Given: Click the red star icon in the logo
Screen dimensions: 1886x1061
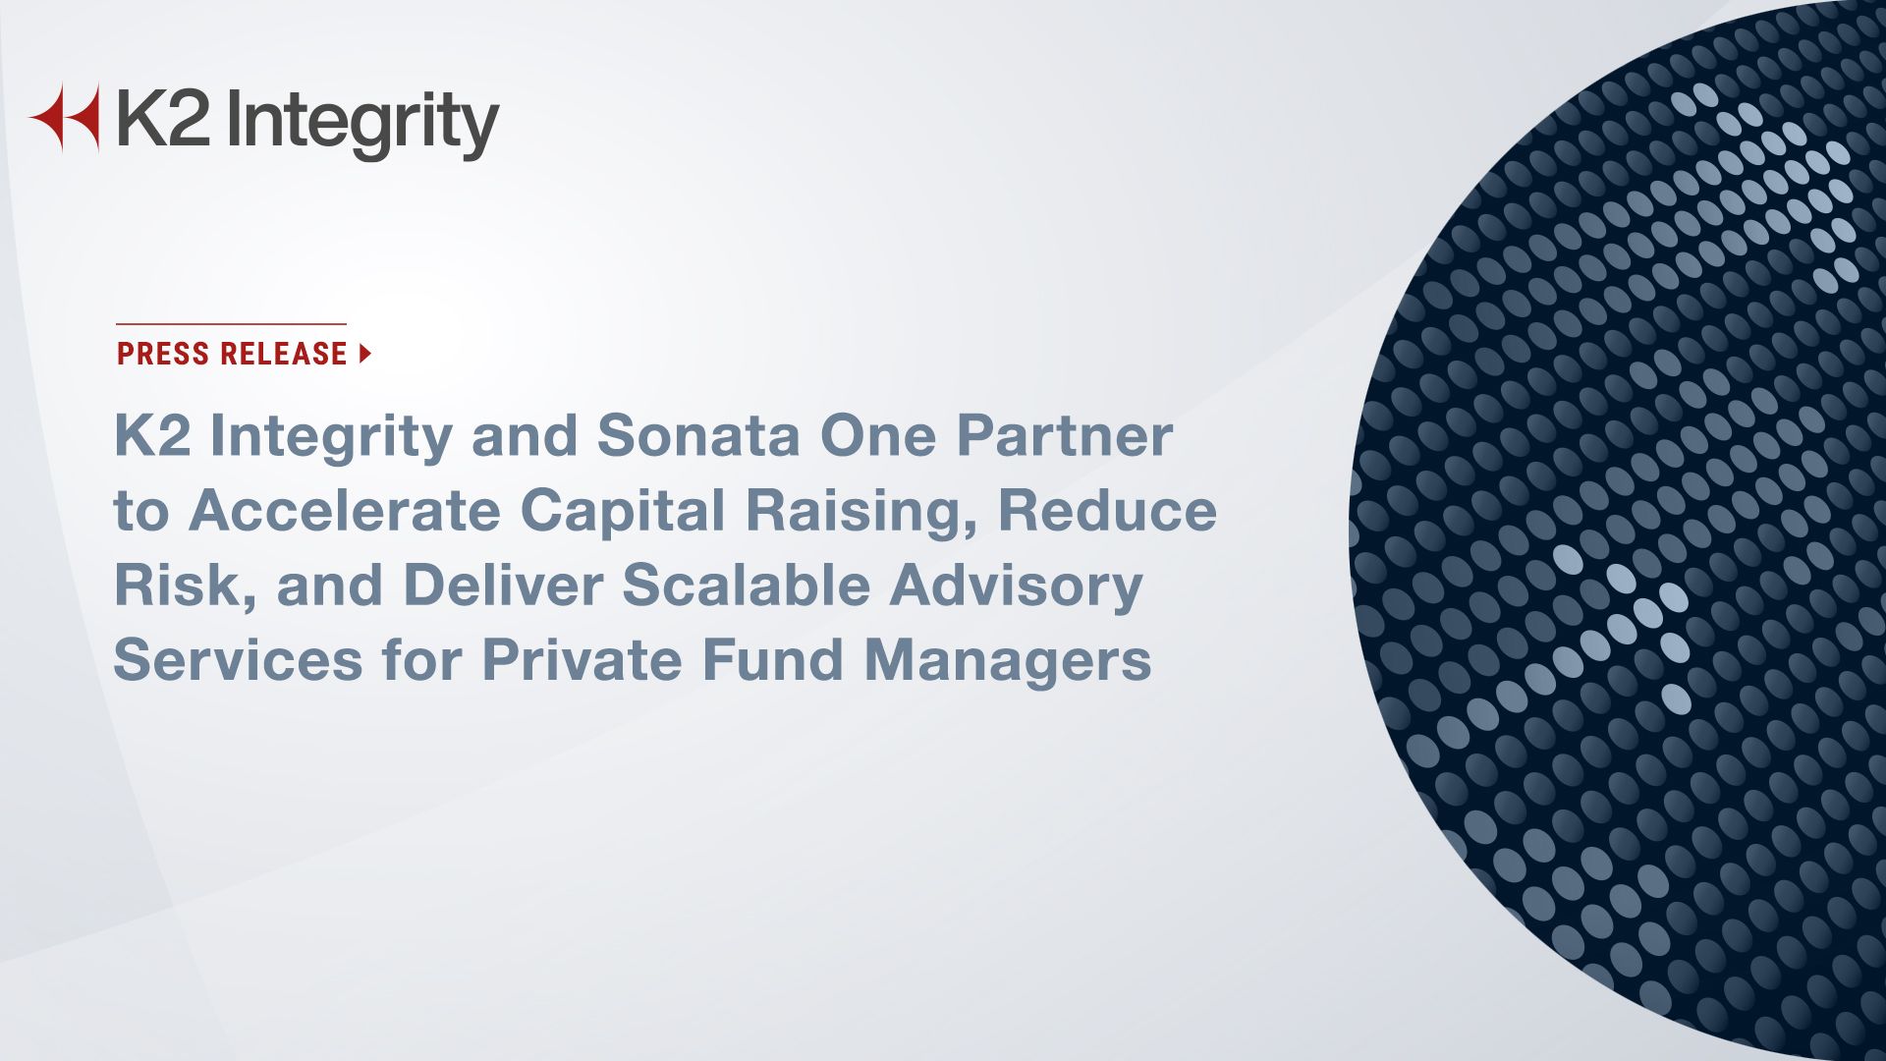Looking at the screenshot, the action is coord(65,118).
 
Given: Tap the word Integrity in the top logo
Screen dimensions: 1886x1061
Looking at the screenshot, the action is coord(362,125).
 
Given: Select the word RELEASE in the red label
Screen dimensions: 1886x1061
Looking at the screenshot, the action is coord(285,354).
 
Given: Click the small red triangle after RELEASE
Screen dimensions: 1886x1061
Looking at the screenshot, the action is coord(365,354).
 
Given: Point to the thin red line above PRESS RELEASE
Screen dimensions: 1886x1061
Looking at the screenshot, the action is coord(231,323).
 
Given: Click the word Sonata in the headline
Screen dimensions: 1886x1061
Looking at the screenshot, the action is coord(698,435).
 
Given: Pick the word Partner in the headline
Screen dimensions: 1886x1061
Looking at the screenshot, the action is coord(1065,435).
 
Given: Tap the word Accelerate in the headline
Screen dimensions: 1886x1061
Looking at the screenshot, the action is coord(345,510).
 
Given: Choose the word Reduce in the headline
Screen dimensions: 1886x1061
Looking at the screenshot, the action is coord(1107,510).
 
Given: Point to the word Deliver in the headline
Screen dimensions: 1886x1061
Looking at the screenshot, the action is coord(502,585).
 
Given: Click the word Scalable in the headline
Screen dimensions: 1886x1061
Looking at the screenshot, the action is coord(747,585).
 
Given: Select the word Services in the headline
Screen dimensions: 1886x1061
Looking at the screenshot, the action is coord(239,659).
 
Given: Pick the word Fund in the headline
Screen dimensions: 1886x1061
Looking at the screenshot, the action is coord(773,659).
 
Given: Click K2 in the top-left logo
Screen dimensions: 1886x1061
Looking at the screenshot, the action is coord(163,118).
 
